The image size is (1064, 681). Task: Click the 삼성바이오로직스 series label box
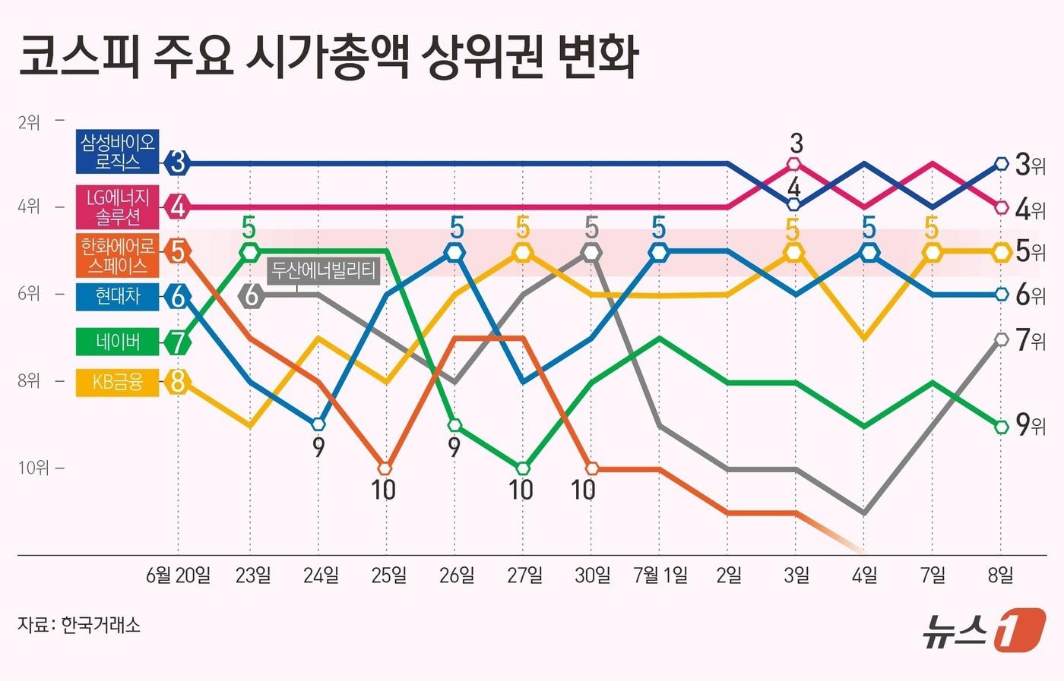click(118, 152)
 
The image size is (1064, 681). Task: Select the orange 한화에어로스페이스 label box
click(118, 255)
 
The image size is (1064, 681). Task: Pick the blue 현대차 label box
click(118, 295)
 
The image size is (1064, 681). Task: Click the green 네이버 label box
click(118, 342)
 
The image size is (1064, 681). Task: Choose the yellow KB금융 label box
click(118, 382)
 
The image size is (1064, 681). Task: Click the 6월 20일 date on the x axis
click(178, 575)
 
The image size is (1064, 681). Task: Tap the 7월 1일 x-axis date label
click(660, 575)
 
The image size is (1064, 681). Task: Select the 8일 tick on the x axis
click(1000, 575)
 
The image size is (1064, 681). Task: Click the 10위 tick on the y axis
click(33, 468)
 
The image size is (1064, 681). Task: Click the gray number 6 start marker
click(252, 295)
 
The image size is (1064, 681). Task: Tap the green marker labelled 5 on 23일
click(250, 251)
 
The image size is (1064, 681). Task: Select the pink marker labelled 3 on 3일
click(794, 163)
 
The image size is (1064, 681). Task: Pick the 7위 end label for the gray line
click(1031, 339)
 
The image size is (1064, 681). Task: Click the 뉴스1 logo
click(983, 629)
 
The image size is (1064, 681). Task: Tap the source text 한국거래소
click(100, 626)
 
